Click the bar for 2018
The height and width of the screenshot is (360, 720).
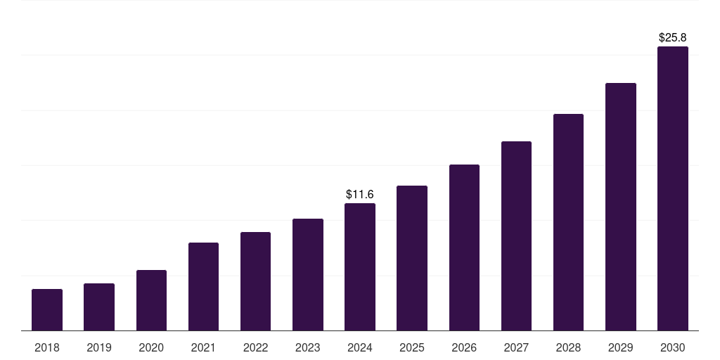(47, 309)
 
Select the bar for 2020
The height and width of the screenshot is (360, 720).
(151, 300)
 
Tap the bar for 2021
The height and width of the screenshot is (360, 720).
(203, 286)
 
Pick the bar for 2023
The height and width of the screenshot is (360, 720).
(308, 274)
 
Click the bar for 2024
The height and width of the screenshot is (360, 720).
(360, 266)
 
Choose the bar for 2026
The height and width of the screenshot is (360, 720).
(464, 247)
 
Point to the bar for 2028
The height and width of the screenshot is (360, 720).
(568, 222)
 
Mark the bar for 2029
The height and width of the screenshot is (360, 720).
(621, 207)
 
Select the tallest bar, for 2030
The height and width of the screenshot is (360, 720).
(673, 188)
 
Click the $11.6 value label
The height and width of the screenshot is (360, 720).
(360, 194)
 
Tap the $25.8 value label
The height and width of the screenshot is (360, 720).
(673, 37)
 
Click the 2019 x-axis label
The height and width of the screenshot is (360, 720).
(99, 347)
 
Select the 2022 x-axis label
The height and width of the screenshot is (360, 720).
(255, 347)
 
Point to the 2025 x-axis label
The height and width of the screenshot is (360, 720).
(412, 347)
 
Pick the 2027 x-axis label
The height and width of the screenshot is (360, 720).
(516, 347)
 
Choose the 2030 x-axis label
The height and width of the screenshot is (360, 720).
(673, 347)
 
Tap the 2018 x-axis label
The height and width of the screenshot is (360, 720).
(47, 347)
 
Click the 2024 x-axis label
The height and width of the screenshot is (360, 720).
(360, 347)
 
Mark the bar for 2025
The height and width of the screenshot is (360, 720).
(412, 258)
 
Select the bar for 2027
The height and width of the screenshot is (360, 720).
(516, 236)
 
